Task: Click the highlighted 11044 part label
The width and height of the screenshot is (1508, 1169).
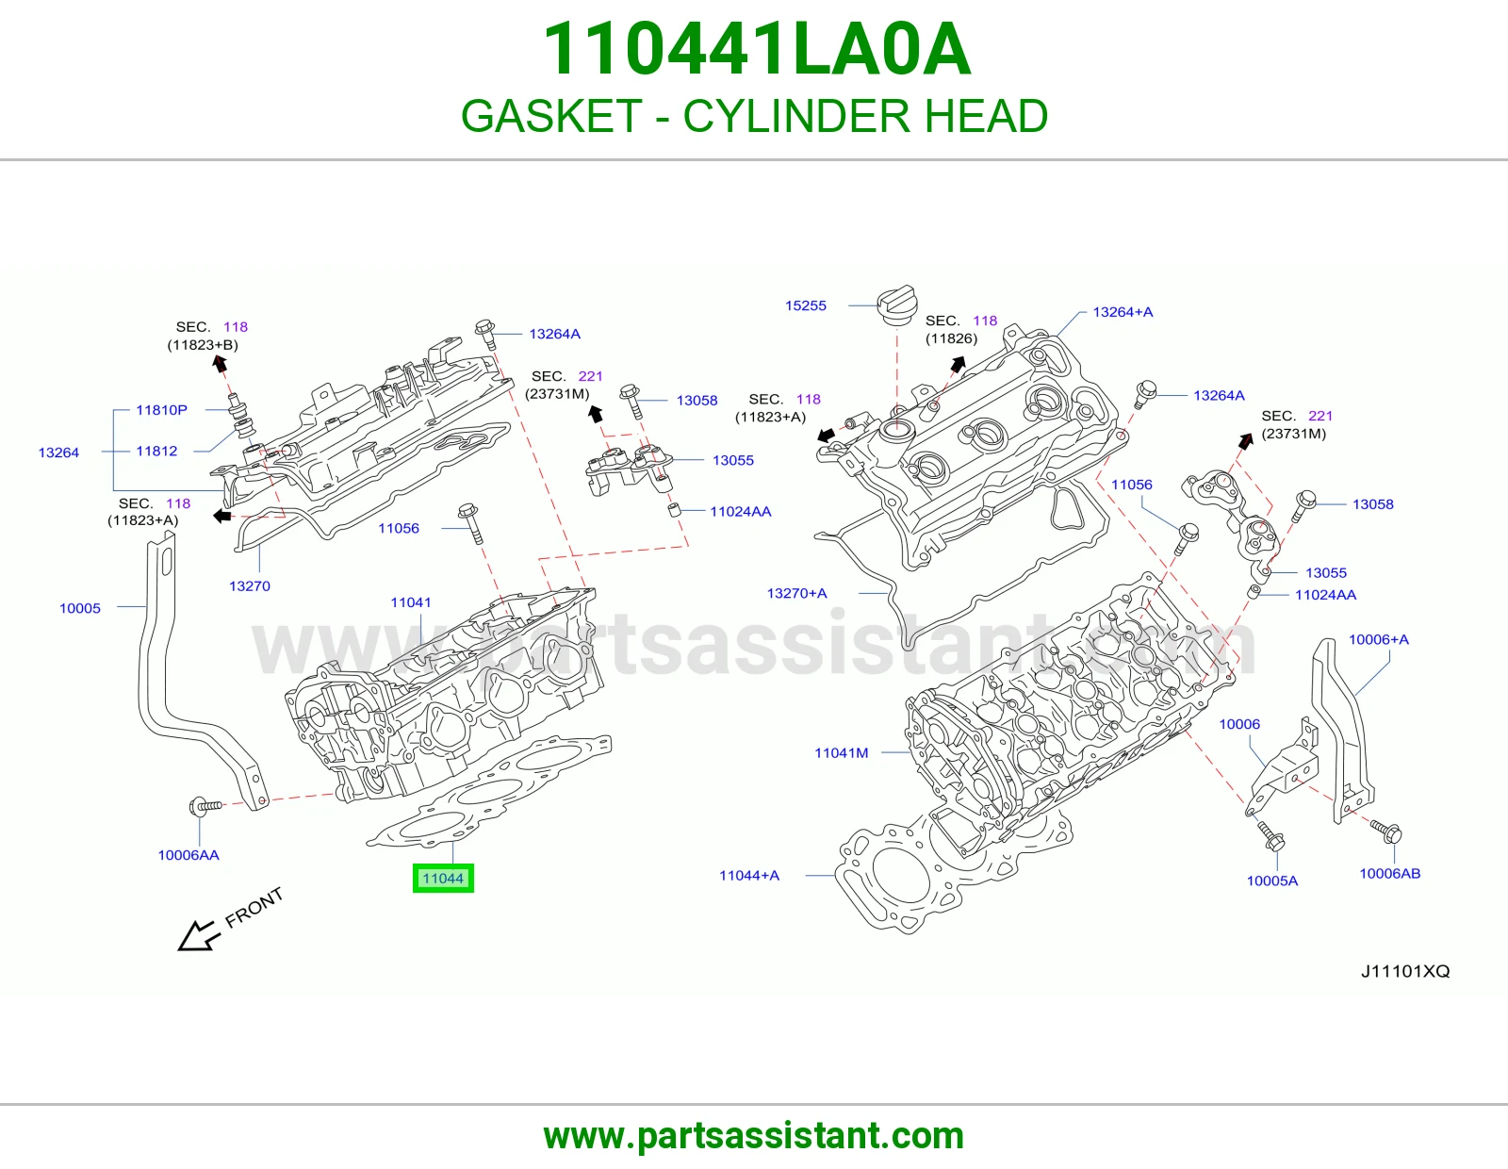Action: pos(443,878)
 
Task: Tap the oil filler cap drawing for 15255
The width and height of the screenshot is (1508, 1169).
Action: pos(896,305)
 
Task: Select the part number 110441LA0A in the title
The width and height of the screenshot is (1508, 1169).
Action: pos(756,49)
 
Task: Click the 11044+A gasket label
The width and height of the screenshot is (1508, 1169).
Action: pos(748,876)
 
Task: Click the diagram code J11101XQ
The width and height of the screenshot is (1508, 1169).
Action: pos(1404,971)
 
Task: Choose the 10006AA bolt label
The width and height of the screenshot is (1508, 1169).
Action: pos(188,855)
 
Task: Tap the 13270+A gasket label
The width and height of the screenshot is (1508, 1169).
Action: pos(796,594)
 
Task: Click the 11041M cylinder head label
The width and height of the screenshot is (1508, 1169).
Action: pos(841,753)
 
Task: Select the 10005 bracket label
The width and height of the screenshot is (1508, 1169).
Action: pos(80,609)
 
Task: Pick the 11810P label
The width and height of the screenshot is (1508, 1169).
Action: pos(162,410)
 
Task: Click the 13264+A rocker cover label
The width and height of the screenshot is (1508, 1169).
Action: pos(1123,312)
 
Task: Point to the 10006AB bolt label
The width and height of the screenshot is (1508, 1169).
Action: pos(1389,874)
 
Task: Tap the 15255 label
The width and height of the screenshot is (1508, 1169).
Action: pos(806,306)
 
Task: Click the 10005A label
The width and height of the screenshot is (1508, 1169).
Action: pos(1272,881)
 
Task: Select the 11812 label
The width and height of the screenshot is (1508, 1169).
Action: pos(156,452)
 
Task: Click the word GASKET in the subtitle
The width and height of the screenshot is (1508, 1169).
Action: pos(551,116)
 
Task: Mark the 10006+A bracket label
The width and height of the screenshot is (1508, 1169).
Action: pos(1378,640)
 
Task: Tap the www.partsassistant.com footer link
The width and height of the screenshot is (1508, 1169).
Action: pos(754,1136)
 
